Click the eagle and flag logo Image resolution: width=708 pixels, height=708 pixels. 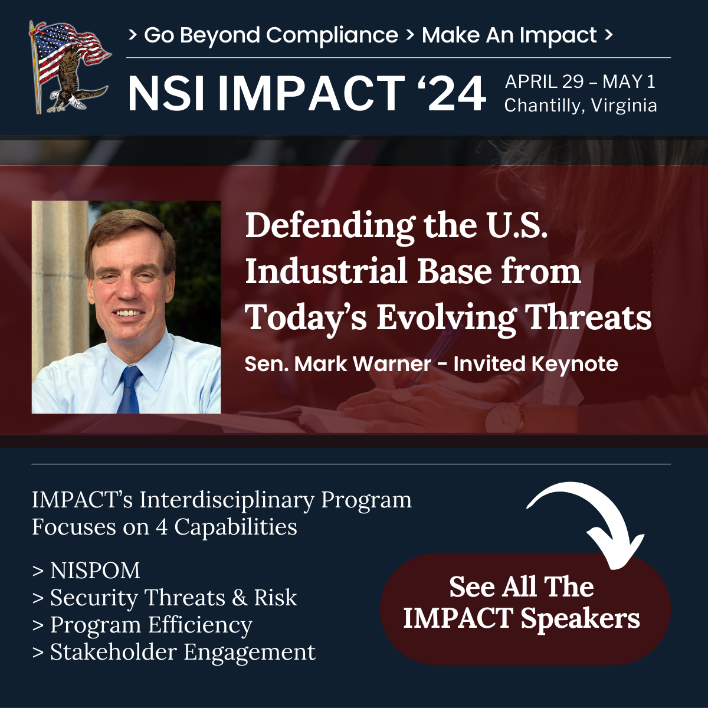point(70,67)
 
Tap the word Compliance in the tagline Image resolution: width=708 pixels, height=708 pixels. point(332,35)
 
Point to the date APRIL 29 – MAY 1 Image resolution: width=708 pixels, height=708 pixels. point(580,81)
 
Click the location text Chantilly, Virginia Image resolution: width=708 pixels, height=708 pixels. point(581,106)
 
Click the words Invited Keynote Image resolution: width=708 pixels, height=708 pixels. point(536,364)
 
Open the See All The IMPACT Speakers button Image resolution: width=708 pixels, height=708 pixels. point(526,609)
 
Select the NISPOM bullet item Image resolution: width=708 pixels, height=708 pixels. point(86,571)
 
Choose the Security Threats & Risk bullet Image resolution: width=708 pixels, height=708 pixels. point(165,598)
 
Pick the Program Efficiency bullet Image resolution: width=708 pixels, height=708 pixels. point(142,625)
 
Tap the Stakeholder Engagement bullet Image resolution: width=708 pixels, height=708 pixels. point(174,653)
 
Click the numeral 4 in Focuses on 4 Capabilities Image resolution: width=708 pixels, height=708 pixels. point(162,527)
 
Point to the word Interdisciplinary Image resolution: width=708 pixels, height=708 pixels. point(227,500)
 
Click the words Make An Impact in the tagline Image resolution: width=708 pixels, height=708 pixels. point(509,35)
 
